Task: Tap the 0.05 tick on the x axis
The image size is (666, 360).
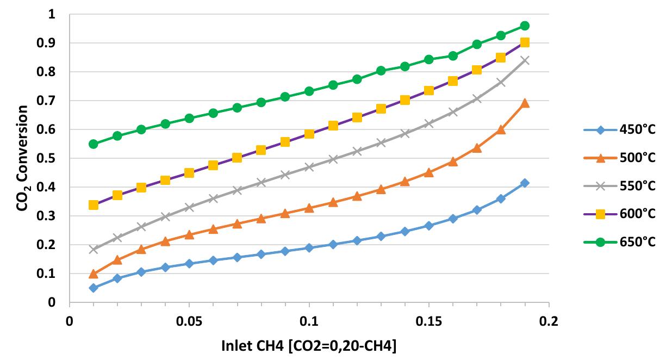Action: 189,319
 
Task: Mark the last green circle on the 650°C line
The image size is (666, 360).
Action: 525,26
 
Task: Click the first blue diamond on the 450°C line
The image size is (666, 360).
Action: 94,288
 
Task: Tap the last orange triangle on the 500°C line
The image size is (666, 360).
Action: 525,103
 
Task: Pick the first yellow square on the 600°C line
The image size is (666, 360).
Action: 94,205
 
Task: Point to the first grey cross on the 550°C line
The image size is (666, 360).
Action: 94,250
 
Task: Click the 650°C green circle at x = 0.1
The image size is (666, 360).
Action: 309,91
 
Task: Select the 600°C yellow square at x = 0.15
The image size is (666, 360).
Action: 429,90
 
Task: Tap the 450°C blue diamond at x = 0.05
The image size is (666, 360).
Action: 189,264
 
